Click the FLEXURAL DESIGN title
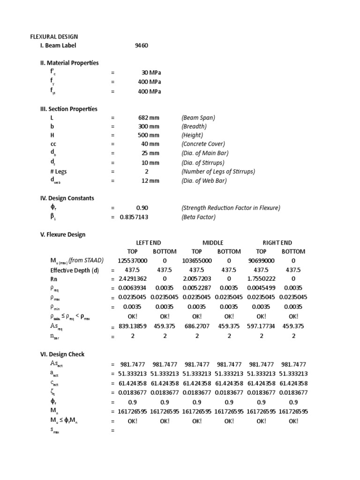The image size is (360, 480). coord(54,37)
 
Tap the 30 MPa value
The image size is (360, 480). coord(150,73)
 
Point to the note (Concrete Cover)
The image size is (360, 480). coord(203,144)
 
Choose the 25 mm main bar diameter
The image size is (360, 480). coord(150,153)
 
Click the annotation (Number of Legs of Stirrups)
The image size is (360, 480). coord(218,172)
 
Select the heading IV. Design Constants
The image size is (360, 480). coord(67,198)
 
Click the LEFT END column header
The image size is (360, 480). coord(148,243)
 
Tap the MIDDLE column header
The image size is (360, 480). coord(213,243)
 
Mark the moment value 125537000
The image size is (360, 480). coord(132,261)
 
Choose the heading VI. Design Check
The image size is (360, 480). coord(62,354)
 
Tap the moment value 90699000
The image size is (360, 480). coord(262,261)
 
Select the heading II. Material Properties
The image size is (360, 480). coord(69,63)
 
